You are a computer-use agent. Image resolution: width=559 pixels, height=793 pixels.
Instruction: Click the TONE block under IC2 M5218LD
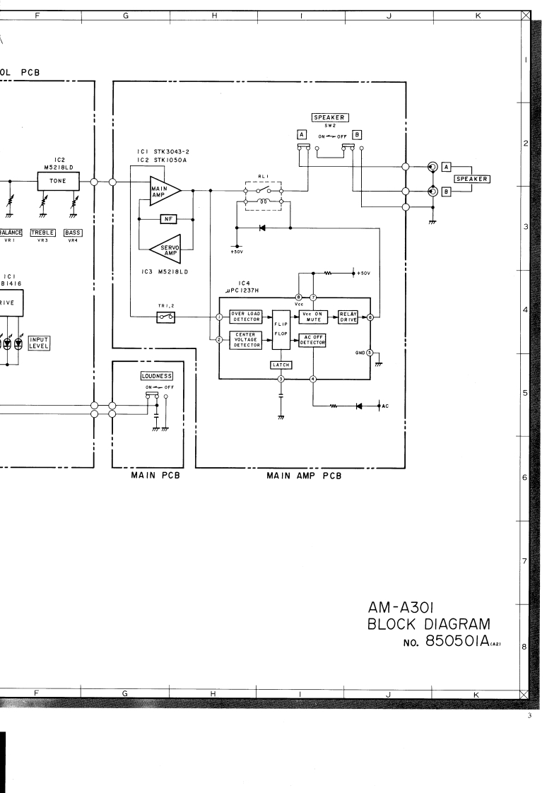coord(59,182)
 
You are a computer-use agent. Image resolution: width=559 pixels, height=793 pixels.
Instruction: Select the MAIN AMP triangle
coord(162,190)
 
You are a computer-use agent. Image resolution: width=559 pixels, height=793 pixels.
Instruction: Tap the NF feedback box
coord(167,218)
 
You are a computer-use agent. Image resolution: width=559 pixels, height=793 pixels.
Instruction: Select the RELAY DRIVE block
coord(350,317)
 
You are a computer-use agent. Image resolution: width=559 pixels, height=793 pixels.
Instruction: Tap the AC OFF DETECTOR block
coord(312,339)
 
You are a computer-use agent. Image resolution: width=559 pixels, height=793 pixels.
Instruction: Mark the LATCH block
coord(281,364)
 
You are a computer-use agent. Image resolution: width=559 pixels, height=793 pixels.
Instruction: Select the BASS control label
coord(72,233)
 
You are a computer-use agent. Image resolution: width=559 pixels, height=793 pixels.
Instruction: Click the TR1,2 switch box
coord(167,318)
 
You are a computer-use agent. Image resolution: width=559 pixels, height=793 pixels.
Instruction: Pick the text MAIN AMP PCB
coord(303,476)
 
